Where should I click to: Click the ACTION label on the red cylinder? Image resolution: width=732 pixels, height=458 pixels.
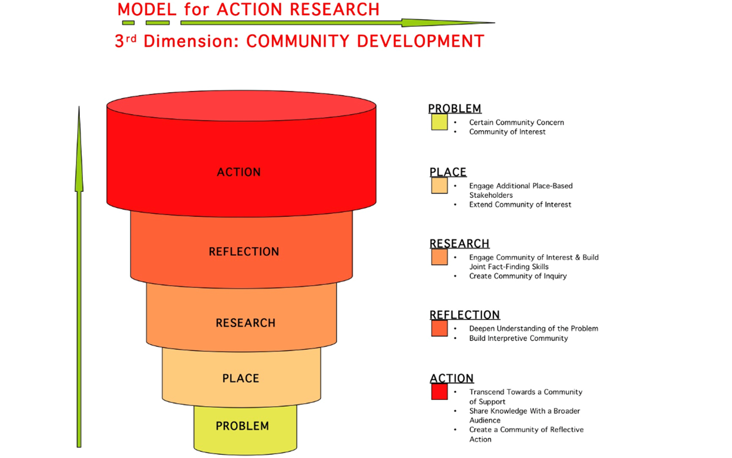pyautogui.click(x=239, y=172)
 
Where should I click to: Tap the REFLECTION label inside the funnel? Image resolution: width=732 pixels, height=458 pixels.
pyautogui.click(x=244, y=252)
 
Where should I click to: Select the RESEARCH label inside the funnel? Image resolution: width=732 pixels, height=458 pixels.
pyautogui.click(x=245, y=323)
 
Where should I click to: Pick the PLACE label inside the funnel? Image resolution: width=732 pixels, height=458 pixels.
pyautogui.click(x=240, y=378)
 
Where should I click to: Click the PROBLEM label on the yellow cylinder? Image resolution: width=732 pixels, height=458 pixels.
pyautogui.click(x=242, y=426)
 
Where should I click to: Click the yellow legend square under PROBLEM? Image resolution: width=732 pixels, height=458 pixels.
pyautogui.click(x=439, y=122)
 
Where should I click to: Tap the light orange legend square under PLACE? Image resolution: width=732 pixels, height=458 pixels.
pyautogui.click(x=439, y=186)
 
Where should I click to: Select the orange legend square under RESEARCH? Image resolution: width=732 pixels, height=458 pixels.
pyautogui.click(x=439, y=257)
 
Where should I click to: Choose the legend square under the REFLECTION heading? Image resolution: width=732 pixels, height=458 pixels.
pyautogui.click(x=439, y=329)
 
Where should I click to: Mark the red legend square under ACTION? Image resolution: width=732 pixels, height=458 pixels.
pyautogui.click(x=439, y=391)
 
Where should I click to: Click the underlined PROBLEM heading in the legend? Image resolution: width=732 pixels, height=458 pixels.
pyautogui.click(x=454, y=108)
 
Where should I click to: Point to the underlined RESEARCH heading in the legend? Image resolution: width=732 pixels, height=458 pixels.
pyautogui.click(x=459, y=244)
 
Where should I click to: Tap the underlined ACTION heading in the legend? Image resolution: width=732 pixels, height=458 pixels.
pyautogui.click(x=451, y=378)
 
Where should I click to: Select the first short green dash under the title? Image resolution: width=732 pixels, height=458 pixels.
pyautogui.click(x=128, y=23)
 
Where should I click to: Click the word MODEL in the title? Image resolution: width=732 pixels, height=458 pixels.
pyautogui.click(x=147, y=9)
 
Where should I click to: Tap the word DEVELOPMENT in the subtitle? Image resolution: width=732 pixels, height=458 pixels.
pyautogui.click(x=420, y=42)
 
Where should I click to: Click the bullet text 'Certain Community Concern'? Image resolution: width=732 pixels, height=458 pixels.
pyautogui.click(x=516, y=122)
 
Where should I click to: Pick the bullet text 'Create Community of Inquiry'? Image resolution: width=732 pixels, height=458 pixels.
pyautogui.click(x=518, y=276)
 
